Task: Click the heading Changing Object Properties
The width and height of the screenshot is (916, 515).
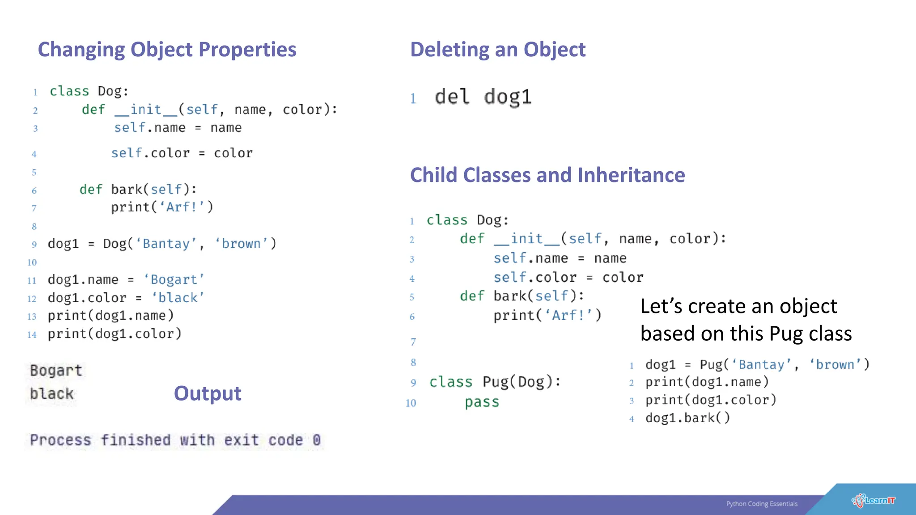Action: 167,50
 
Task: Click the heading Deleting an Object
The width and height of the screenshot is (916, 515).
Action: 497,50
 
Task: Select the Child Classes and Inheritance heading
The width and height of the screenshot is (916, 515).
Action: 547,175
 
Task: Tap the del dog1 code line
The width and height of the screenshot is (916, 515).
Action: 483,97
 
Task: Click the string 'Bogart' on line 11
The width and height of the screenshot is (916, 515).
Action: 174,280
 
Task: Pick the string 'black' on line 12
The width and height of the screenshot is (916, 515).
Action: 178,298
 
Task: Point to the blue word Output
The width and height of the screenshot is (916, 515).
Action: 208,393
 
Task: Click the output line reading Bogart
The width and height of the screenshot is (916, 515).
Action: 56,371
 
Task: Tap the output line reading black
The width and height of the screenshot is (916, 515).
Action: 51,394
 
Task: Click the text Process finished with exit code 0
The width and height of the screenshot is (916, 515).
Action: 175,440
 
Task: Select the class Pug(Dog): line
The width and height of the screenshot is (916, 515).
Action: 495,382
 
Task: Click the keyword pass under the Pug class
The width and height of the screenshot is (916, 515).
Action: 482,402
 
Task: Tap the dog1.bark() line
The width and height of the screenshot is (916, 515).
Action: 687,418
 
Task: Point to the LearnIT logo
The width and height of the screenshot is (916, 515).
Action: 873,501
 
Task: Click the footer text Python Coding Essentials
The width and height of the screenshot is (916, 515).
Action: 762,504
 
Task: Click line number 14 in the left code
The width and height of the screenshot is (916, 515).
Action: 32,335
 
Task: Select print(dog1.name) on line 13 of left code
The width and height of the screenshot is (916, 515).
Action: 110,316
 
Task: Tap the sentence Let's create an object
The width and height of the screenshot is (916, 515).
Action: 738,307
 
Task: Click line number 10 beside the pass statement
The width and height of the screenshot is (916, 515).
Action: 411,403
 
